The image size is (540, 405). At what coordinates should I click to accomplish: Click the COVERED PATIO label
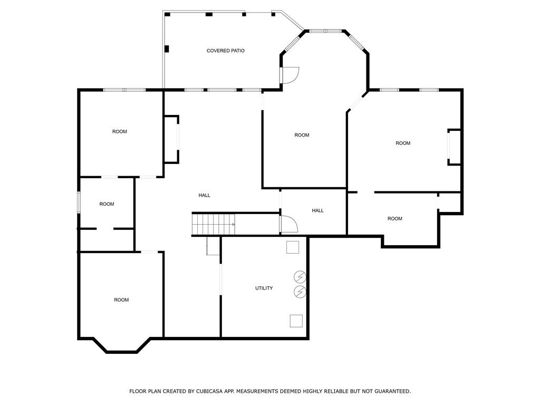(x=225, y=51)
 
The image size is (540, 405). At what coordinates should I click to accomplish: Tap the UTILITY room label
(x=264, y=288)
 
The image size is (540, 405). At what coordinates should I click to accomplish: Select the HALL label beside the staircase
(x=204, y=195)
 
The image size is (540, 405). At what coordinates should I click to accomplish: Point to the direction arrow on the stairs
(x=233, y=225)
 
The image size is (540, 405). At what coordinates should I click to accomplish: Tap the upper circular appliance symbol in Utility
(x=300, y=277)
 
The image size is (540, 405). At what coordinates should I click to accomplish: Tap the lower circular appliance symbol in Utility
(x=300, y=291)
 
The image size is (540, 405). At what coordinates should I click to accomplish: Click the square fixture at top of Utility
(x=293, y=247)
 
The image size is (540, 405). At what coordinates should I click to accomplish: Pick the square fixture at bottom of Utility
(x=296, y=321)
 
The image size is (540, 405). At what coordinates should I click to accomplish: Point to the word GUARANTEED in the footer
(x=390, y=391)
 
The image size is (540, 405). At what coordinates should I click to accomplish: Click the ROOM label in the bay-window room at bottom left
(x=121, y=300)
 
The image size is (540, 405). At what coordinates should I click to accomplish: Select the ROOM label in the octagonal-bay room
(x=302, y=135)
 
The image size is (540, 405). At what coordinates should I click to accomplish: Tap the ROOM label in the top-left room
(x=120, y=131)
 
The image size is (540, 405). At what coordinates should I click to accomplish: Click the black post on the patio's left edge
(x=167, y=49)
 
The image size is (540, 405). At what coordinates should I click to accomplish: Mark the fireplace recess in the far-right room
(x=454, y=147)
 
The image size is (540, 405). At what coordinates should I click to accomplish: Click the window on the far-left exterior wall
(x=79, y=202)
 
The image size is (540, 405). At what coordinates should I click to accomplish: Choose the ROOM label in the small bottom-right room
(x=394, y=218)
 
